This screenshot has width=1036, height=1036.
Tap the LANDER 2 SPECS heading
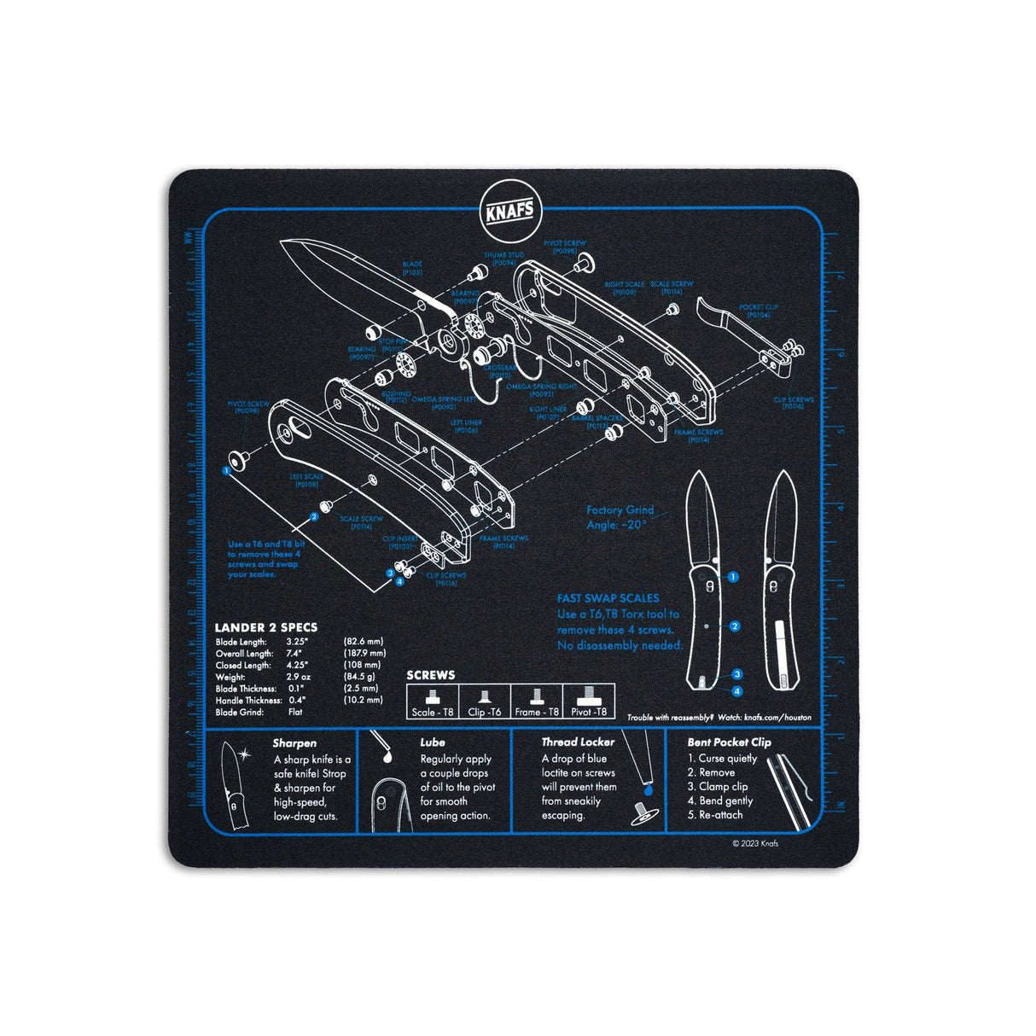point(265,627)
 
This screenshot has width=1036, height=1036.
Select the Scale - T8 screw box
point(433,702)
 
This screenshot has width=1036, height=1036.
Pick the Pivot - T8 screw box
point(588,702)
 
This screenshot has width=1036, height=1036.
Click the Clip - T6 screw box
point(485,702)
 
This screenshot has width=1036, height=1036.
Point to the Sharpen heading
point(294,743)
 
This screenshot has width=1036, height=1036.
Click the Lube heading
point(432,742)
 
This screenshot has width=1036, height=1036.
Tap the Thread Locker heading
point(578,742)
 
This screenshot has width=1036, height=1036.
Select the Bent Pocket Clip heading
point(729,742)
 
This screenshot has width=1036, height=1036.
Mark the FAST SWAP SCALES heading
point(608,599)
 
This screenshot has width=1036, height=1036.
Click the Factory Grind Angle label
point(620,517)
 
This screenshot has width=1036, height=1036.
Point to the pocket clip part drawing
point(724,316)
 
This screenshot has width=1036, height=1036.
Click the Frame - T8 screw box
point(537,702)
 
